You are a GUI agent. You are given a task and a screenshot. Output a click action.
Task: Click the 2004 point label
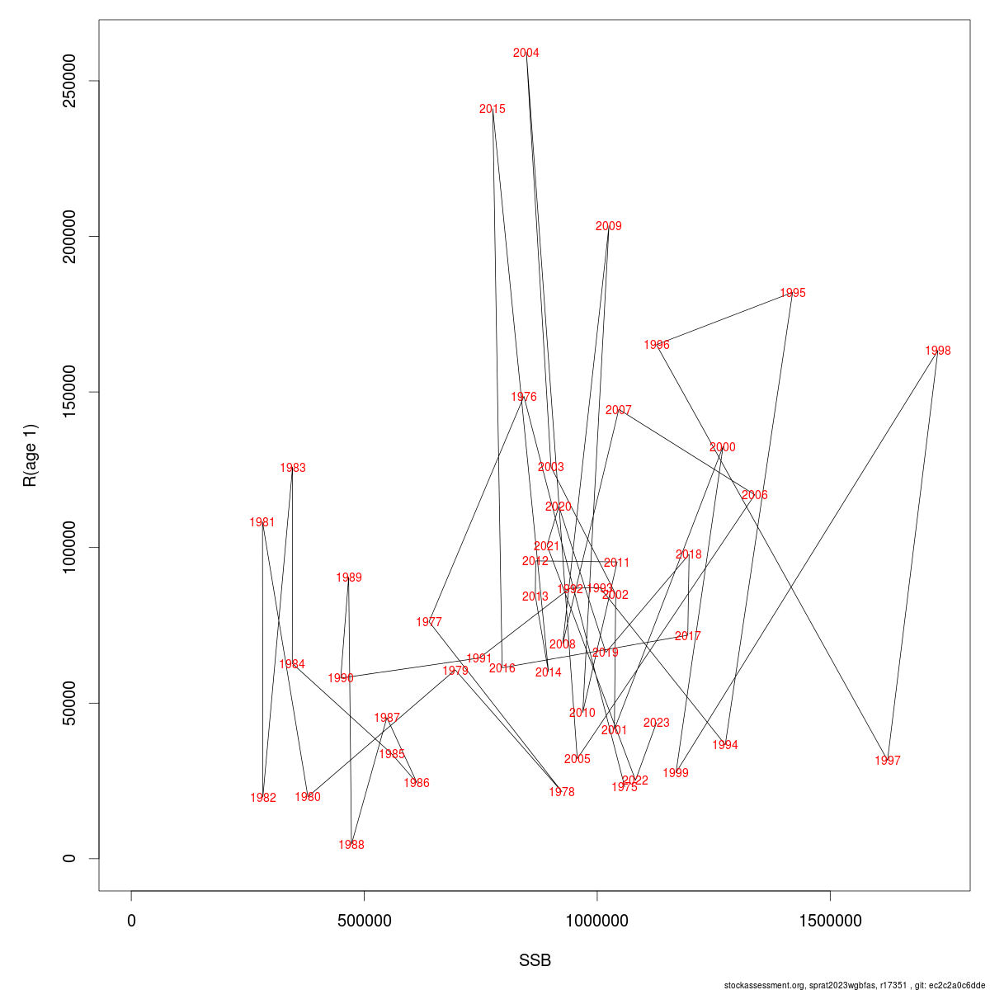tap(526, 54)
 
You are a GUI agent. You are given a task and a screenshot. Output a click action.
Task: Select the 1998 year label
tap(937, 351)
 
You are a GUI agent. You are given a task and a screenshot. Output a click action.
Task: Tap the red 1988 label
tap(351, 846)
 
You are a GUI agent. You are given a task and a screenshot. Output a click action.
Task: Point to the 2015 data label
tap(492, 110)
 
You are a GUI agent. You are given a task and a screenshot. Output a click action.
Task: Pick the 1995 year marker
tap(792, 294)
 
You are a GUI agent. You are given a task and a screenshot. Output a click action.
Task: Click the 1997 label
tap(887, 761)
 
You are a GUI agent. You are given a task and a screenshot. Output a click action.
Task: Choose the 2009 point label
tap(608, 227)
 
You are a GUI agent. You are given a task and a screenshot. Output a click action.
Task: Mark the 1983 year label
tap(292, 469)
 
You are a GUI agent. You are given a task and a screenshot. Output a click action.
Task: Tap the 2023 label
tap(656, 724)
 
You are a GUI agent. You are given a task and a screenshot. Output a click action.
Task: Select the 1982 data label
tap(262, 799)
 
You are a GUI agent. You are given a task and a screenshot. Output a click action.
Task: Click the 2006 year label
tap(754, 496)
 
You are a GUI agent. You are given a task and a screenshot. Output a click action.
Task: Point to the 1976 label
tap(523, 398)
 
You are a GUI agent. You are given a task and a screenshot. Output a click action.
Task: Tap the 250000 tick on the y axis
tap(70, 81)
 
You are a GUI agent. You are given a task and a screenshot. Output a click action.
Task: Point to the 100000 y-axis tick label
tap(70, 547)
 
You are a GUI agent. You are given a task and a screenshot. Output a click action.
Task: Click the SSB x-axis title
tap(535, 961)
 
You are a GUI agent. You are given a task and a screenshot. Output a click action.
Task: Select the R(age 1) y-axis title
tap(31, 455)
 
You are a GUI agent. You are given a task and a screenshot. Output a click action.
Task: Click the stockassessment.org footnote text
tap(854, 985)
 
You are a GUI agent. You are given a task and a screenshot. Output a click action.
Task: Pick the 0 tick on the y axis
tap(70, 858)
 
